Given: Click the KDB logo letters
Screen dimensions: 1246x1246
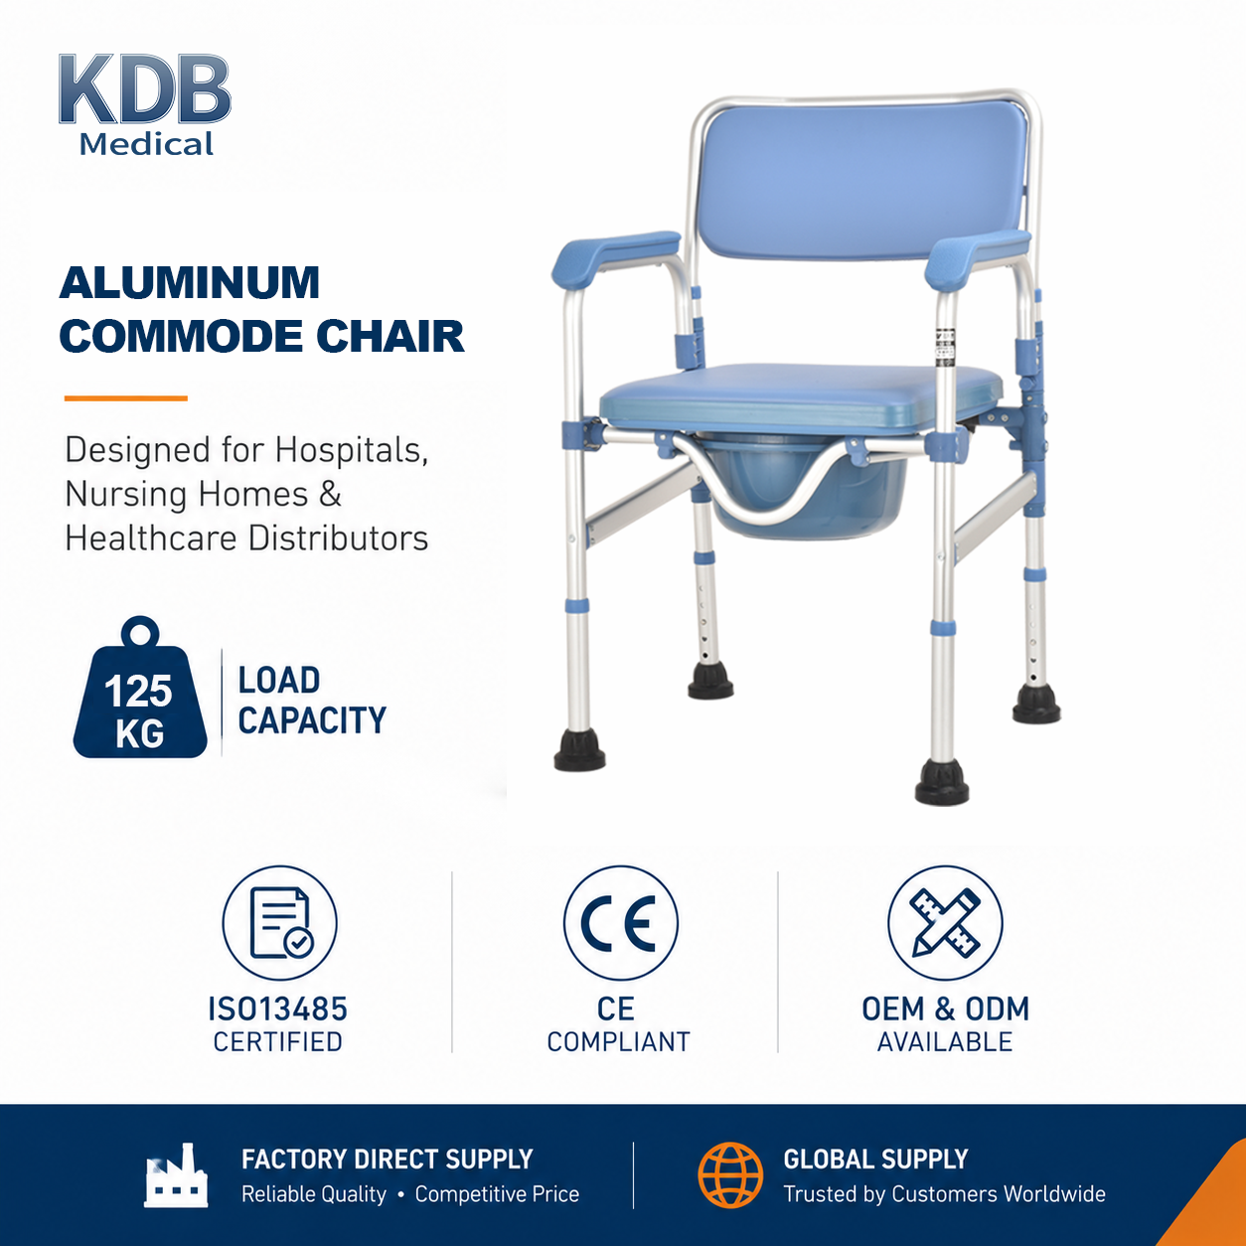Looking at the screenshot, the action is click(144, 88).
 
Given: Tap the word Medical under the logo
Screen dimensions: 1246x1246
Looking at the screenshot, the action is click(146, 144).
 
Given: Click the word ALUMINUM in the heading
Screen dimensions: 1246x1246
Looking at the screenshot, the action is click(190, 282).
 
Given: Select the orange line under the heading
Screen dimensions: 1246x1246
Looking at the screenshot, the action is click(125, 398).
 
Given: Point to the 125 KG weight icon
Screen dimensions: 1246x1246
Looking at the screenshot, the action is click(140, 688).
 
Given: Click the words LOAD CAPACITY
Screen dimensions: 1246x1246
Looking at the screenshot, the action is click(312, 701).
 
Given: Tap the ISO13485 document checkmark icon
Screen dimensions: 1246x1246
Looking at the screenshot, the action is click(279, 923).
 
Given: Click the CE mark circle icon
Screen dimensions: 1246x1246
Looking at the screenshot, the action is click(620, 923).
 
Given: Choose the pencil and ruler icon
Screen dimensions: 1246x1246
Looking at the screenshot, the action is click(945, 923).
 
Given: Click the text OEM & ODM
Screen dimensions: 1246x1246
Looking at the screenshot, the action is click(945, 1010).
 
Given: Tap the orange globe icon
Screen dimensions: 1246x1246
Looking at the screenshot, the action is click(730, 1174).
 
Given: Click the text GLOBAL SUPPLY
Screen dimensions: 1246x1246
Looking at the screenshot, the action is click(875, 1160).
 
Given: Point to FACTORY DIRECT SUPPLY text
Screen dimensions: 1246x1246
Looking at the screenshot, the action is click(387, 1160).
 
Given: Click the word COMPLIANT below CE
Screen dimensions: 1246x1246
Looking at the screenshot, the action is click(619, 1042).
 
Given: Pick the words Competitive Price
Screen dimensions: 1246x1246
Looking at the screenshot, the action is click(497, 1194).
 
